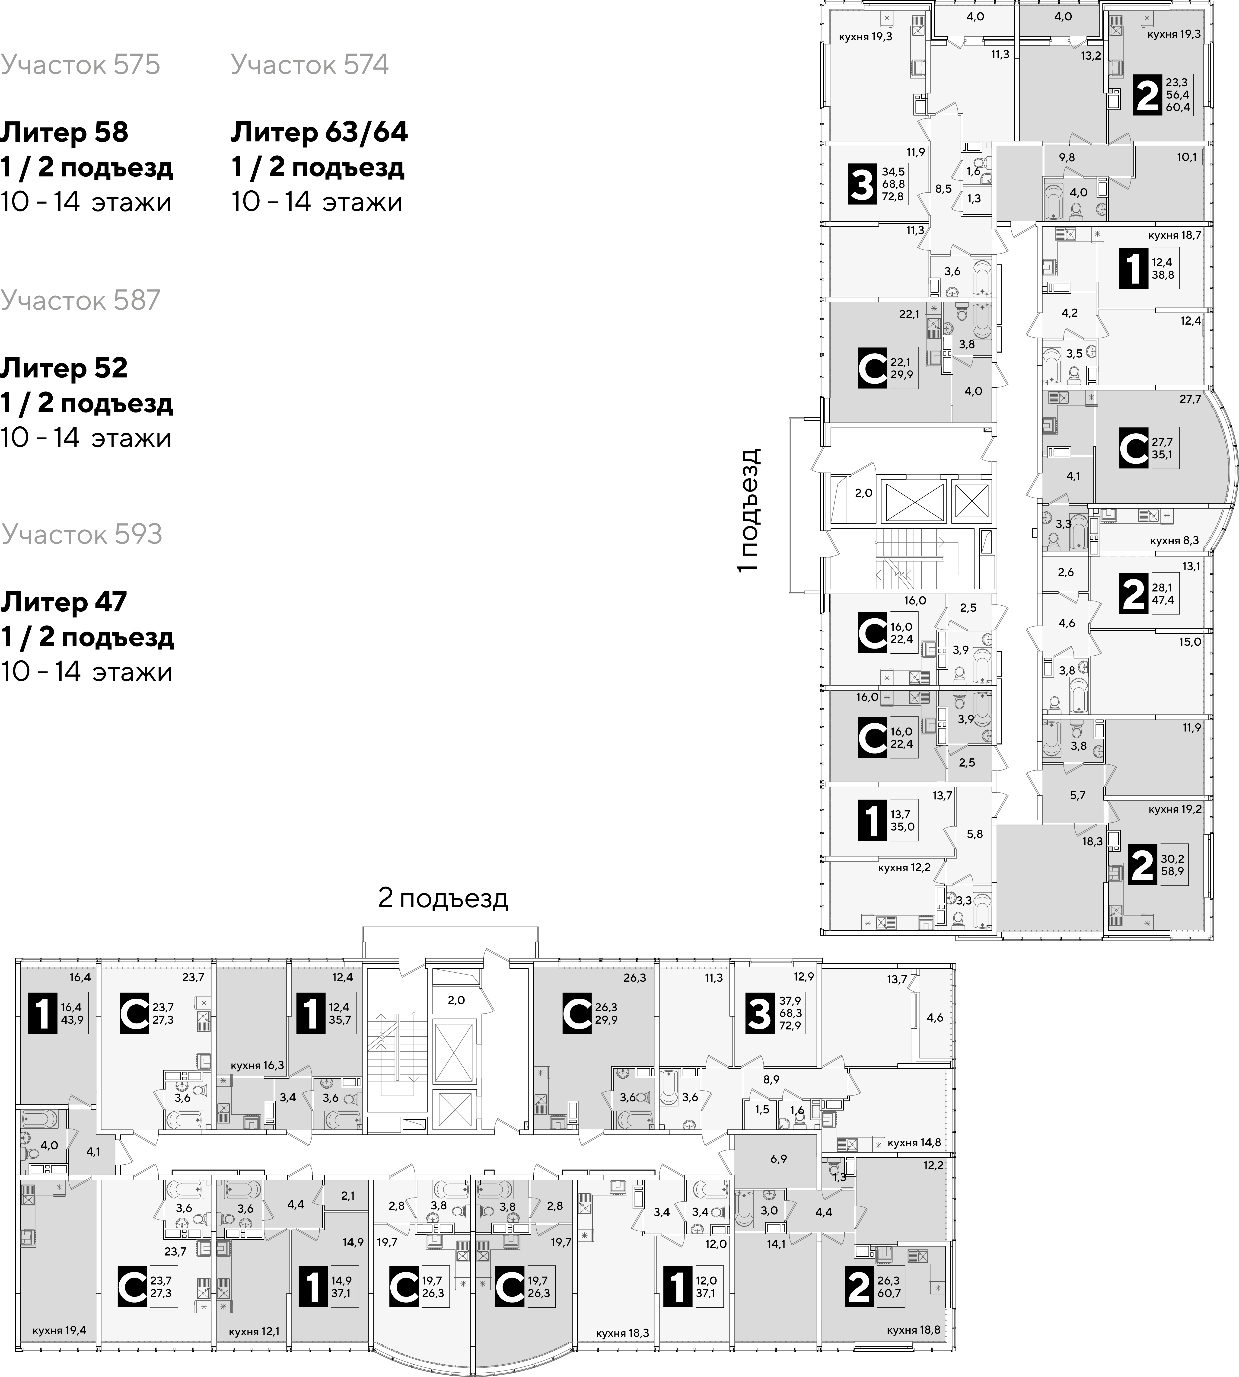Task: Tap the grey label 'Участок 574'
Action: click(x=310, y=65)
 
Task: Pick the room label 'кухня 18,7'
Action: click(x=1174, y=235)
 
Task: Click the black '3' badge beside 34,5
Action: click(x=862, y=185)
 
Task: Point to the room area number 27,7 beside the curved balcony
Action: click(x=1191, y=399)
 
